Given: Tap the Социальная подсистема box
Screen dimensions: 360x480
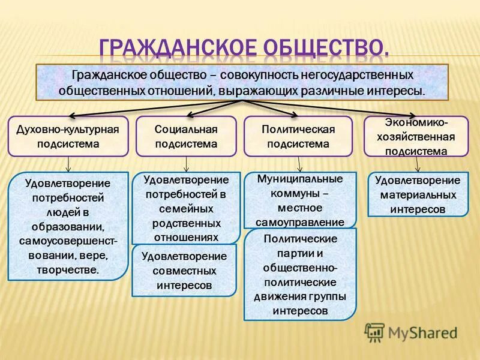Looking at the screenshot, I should point(185,136).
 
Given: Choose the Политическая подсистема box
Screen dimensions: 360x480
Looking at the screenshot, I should point(298,136).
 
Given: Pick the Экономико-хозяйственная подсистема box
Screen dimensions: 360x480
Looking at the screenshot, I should point(416,136).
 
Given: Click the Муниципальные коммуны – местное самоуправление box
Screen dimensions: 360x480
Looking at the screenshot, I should point(299,200).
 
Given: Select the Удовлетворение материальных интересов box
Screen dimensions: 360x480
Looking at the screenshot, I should point(418,194).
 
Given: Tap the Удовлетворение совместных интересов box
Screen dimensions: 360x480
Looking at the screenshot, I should point(184,271).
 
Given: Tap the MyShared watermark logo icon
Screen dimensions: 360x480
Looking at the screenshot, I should point(374,332).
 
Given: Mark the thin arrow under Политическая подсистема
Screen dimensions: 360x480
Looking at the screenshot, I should point(299,164).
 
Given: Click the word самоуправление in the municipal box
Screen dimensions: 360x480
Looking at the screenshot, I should point(300,221).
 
